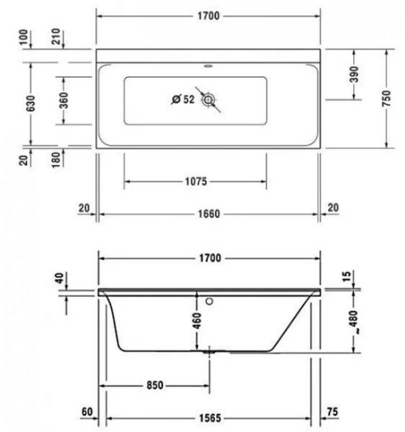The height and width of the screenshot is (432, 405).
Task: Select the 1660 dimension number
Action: (208, 213)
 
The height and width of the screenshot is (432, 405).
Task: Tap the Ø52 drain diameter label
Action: (183, 99)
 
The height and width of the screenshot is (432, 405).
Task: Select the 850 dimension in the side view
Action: (153, 385)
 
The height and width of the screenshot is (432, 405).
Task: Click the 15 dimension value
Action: (348, 276)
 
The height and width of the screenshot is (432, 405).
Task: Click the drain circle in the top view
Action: (209, 100)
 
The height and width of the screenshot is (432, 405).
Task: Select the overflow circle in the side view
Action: (210, 299)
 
